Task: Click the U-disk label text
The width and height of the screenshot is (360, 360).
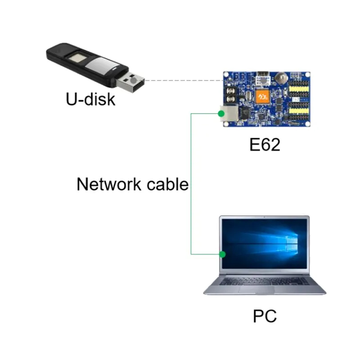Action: tap(90, 99)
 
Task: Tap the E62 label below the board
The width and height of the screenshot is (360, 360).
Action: tap(265, 144)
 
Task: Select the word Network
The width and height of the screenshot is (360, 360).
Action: tap(108, 184)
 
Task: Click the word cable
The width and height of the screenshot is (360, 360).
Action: tap(167, 184)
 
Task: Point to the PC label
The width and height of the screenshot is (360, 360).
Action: tap(265, 316)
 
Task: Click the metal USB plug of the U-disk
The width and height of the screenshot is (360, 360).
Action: tap(130, 81)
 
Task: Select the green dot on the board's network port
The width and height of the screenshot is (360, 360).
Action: tap(221, 113)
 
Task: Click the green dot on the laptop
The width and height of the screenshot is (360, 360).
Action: tap(222, 254)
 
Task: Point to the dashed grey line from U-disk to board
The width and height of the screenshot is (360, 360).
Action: tap(184, 81)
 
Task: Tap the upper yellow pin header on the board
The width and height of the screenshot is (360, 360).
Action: tap(298, 89)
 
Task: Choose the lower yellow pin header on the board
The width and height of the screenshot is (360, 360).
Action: tap(298, 111)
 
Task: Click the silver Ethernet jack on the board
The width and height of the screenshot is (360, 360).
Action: tap(229, 113)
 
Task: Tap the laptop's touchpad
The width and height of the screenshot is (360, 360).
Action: tap(256, 289)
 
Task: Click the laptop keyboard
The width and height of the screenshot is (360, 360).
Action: tap(264, 281)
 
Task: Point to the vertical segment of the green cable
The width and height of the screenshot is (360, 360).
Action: tap(191, 184)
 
